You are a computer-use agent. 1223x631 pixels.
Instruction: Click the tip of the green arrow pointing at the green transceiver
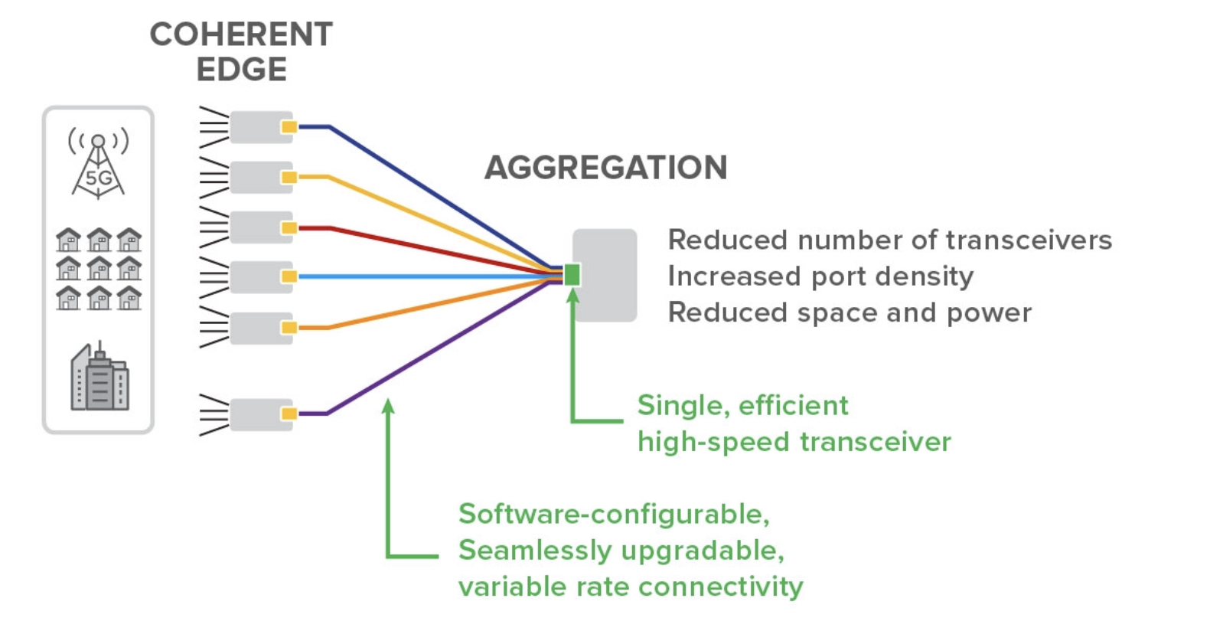572,288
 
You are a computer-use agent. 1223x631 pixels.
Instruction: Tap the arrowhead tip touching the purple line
388,398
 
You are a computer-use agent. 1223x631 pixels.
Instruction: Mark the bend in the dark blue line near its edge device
329,127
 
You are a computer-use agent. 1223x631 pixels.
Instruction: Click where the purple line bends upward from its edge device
327,414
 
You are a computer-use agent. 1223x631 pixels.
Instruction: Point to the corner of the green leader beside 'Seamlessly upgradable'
388,556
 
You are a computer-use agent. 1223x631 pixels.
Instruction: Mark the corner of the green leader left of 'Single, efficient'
572,420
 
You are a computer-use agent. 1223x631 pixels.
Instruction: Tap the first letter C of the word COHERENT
162,34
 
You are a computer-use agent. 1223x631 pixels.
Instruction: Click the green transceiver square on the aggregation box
572,275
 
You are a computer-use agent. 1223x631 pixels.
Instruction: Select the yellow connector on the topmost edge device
289,127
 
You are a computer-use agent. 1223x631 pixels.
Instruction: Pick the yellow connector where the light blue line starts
289,276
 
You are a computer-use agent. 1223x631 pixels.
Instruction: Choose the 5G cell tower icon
98,163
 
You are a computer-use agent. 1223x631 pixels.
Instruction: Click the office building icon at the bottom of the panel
100,376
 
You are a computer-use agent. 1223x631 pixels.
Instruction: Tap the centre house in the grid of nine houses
99,268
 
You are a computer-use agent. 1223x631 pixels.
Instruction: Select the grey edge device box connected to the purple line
261,414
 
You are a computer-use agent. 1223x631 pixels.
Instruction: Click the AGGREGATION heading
606,167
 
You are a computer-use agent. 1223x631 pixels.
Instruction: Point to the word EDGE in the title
241,70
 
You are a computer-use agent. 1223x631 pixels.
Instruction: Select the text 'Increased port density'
820,276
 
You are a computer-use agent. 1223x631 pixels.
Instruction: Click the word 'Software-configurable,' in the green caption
615,514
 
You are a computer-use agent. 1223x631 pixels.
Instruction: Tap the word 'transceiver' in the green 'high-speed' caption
876,441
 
